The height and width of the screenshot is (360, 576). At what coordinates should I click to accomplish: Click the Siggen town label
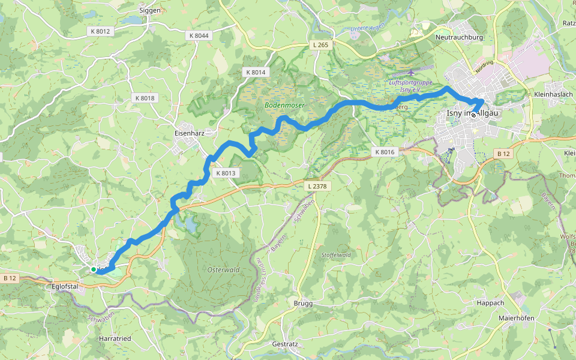[x=150, y=10]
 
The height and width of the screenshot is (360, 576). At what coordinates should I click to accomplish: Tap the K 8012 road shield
[x=100, y=31]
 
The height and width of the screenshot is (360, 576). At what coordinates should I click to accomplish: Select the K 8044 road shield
[x=197, y=36]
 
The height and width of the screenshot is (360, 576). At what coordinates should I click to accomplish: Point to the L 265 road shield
[x=322, y=45]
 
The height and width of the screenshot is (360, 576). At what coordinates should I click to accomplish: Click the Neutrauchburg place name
[x=459, y=37]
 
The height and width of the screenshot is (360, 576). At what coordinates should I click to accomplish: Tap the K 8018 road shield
[x=145, y=98]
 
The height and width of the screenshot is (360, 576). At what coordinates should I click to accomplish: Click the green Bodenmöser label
[x=284, y=105]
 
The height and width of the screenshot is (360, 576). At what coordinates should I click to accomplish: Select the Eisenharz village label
[x=190, y=133]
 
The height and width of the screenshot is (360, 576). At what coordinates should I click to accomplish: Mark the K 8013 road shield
[x=226, y=173]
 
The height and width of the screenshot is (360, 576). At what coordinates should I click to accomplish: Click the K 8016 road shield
[x=385, y=152]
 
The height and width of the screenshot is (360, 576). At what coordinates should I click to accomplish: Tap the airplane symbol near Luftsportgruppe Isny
[x=410, y=74]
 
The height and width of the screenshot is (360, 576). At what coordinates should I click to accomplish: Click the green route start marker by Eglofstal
[x=94, y=270]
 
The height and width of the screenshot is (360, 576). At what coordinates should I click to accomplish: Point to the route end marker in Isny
[x=473, y=114]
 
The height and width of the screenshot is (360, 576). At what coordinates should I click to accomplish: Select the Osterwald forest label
[x=223, y=270]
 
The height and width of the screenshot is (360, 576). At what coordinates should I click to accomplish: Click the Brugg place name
[x=303, y=304]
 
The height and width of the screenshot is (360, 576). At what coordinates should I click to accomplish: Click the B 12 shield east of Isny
[x=503, y=154]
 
